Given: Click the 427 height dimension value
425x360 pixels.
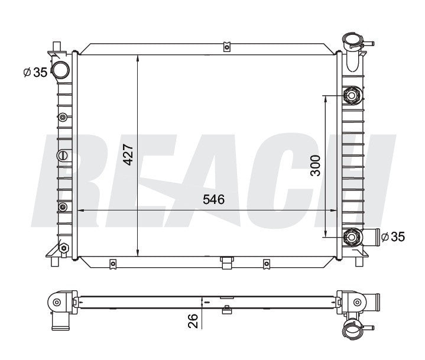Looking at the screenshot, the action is tap(128, 155).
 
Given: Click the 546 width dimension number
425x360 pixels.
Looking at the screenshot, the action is tap(213, 200).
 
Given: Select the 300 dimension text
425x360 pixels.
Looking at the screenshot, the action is tap(315, 166).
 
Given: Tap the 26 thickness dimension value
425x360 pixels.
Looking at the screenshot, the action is tap(193, 321).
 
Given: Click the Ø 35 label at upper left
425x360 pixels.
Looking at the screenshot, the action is tap(35, 72).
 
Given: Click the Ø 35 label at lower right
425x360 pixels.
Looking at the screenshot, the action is tap(393, 236).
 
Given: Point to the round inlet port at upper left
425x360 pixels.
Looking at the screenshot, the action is tap(60, 70).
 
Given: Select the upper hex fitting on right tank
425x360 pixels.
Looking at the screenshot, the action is tap(352, 95).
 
